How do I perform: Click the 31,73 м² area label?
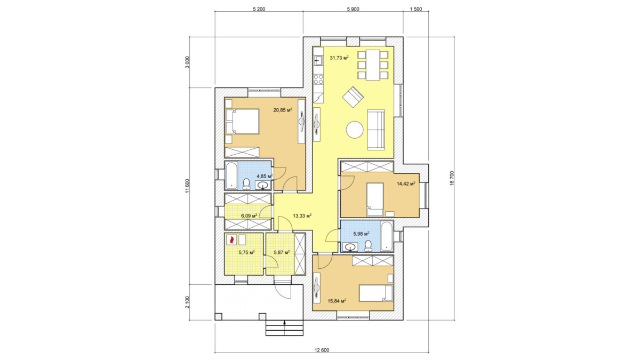click(339, 58)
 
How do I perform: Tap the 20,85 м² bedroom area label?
click(283, 110)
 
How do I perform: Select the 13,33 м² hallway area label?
click(302, 215)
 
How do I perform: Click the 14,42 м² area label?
click(406, 183)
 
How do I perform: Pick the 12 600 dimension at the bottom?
click(322, 350)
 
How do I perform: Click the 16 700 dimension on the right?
click(452, 179)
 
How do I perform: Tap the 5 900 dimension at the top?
click(353, 9)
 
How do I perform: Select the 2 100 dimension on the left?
click(187, 302)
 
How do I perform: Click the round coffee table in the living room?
click(355, 130)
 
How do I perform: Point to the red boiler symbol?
click(231, 239)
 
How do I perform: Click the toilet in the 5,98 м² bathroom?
click(368, 246)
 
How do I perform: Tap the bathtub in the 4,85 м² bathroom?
click(231, 175)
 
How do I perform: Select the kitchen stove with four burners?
click(318, 79)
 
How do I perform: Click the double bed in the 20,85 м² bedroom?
click(242, 122)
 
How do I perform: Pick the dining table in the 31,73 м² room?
click(373, 65)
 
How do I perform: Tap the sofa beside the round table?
click(375, 130)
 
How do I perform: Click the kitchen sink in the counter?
click(318, 60)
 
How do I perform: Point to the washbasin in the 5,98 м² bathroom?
click(350, 247)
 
